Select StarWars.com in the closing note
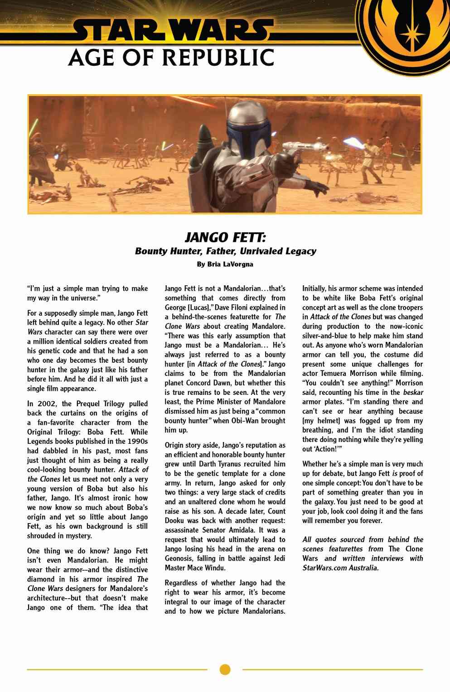pos(323,568)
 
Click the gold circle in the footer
pos(225,669)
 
